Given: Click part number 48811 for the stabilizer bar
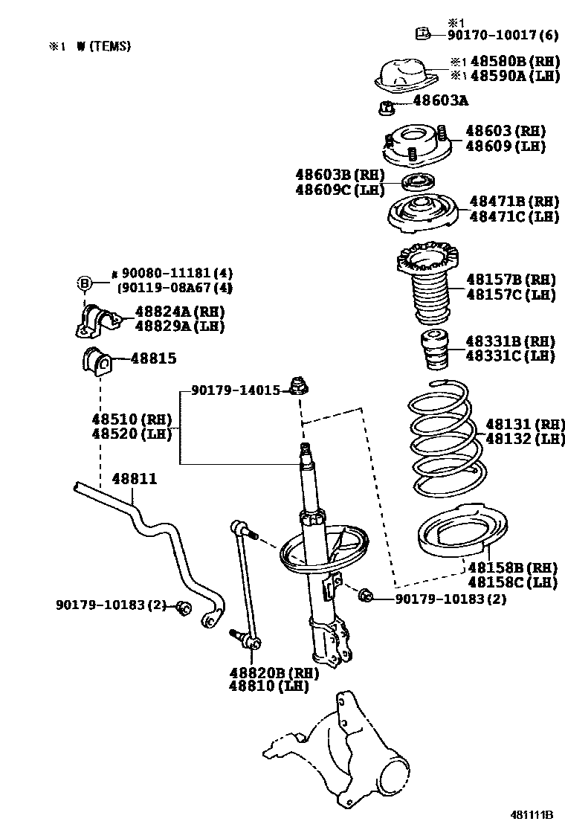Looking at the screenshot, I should click(135, 479).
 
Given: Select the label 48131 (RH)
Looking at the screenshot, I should click(525, 425).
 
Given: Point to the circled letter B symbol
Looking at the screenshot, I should click(84, 283).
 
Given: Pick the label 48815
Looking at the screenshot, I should click(154, 358).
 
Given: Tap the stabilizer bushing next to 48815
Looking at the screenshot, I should click(95, 361).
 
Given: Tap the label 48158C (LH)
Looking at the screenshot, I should click(512, 582).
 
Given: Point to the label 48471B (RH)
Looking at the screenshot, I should click(514, 202).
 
